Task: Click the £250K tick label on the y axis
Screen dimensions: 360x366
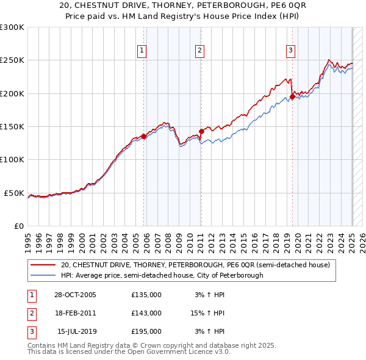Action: coord(12,60)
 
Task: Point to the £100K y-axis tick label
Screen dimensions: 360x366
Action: coord(12,160)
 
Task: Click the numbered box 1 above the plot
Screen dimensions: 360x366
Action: coord(142,51)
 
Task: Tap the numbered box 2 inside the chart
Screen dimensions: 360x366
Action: coord(199,51)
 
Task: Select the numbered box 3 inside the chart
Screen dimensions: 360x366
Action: coord(290,51)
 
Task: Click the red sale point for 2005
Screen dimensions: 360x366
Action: coord(144,136)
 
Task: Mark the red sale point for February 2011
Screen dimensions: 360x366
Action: coord(201,131)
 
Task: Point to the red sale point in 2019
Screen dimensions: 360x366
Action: coord(292,96)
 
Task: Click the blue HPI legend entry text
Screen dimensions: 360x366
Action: coord(162,275)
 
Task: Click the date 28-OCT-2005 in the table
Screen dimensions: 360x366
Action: coord(75,295)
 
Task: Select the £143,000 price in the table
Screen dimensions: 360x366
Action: coord(146,313)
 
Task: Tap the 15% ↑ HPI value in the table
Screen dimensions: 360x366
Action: coord(207,313)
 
